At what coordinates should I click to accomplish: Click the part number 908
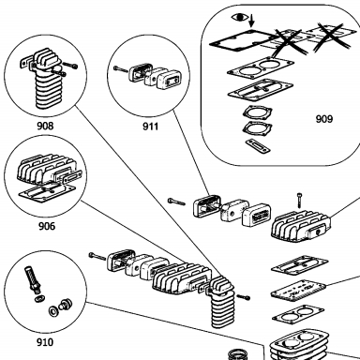[45, 126]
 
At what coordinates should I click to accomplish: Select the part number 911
[150, 127]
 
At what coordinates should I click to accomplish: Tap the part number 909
[324, 119]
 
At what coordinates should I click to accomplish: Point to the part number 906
[47, 226]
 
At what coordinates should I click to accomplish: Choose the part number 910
[45, 342]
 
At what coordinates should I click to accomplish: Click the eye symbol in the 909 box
[239, 17]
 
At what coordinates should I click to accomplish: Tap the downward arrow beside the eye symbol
[252, 21]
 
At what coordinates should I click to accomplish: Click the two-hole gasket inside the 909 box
[261, 67]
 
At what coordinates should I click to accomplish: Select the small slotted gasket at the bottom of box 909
[258, 146]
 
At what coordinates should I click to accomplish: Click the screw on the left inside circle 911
[121, 69]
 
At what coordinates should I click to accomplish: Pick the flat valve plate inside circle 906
[48, 192]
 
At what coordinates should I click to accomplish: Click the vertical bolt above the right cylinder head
[299, 201]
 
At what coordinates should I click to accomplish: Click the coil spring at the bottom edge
[238, 354]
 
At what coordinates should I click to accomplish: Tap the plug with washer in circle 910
[65, 304]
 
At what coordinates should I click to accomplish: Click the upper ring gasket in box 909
[258, 112]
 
